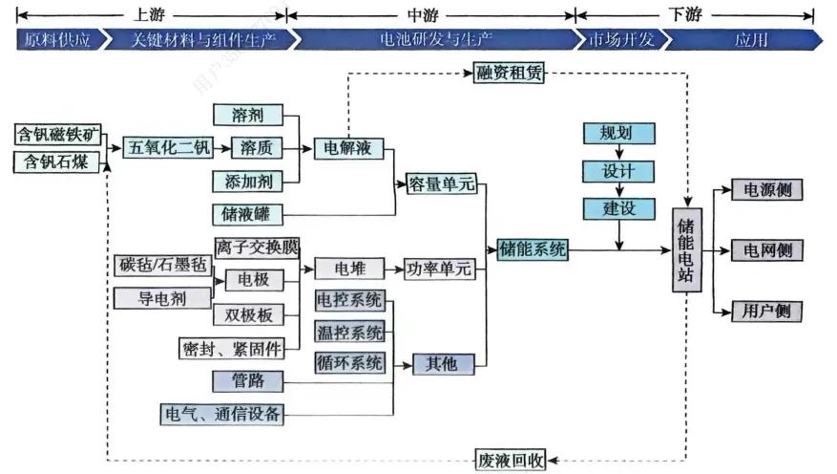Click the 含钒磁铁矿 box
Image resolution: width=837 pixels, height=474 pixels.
tap(59, 133)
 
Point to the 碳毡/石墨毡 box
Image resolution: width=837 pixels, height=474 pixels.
tap(161, 264)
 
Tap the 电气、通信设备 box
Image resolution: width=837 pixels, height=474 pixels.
tap(222, 413)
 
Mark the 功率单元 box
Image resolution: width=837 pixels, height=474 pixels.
tap(438, 269)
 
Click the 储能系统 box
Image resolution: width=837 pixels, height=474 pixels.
tap(533, 250)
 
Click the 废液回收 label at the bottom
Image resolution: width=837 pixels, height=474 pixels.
tap(511, 460)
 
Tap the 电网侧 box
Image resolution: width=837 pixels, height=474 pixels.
tap(766, 250)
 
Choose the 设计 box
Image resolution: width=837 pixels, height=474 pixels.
tap(615, 171)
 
